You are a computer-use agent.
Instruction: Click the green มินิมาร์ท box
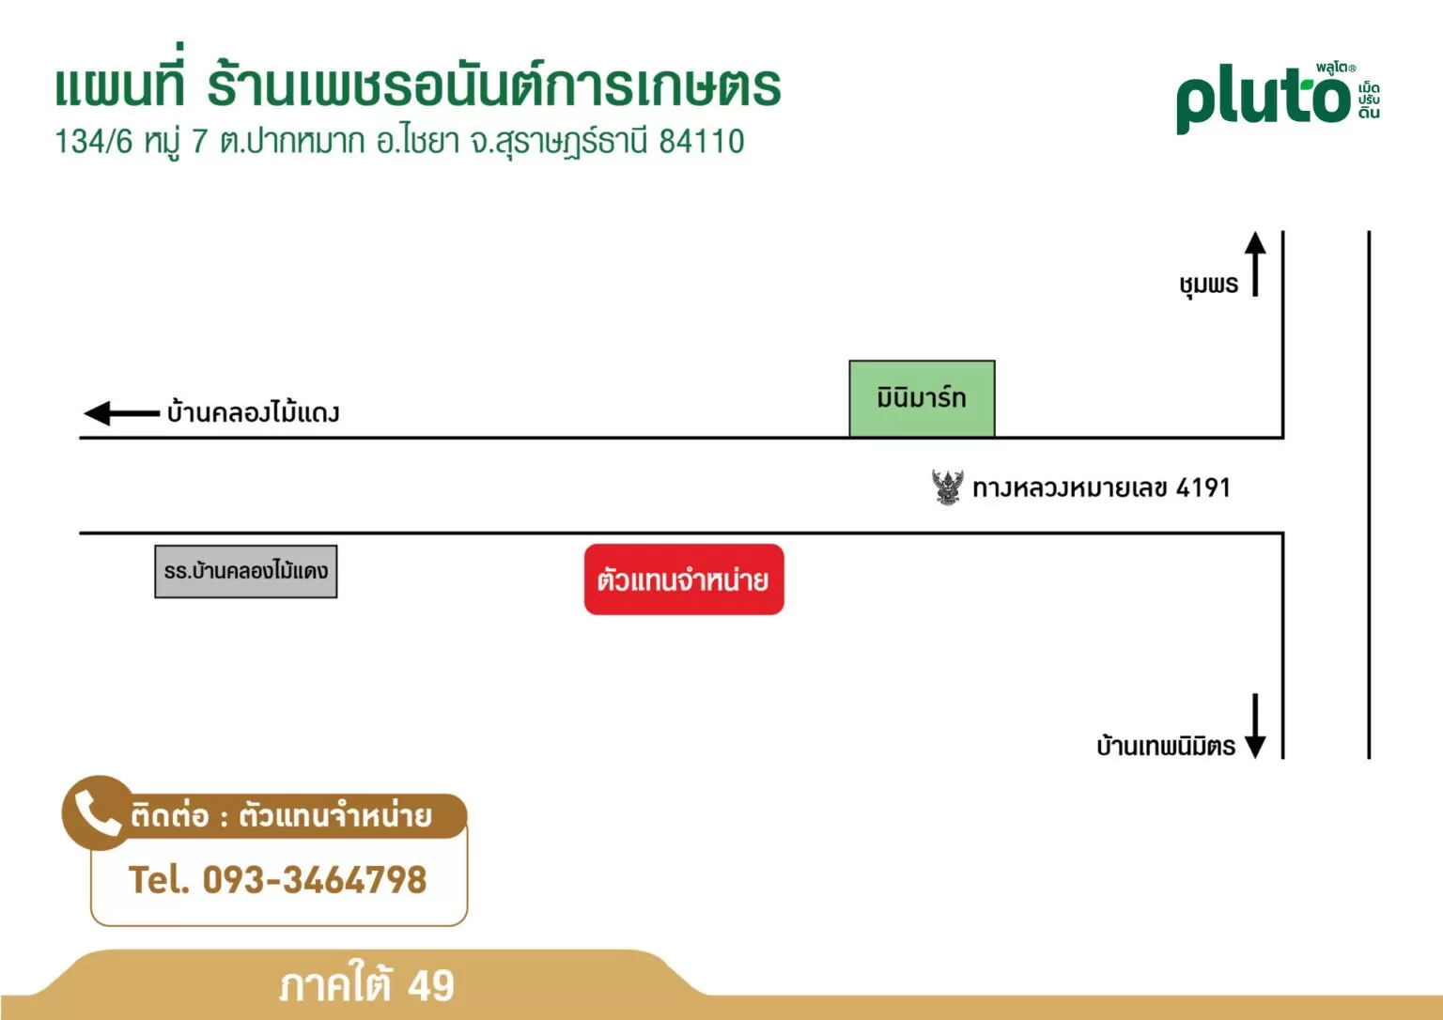(922, 398)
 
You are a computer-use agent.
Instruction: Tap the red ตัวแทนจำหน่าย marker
(684, 580)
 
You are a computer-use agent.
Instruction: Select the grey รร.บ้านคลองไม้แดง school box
(246, 572)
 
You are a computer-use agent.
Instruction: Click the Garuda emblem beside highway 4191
(948, 487)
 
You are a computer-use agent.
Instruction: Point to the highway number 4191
(1203, 487)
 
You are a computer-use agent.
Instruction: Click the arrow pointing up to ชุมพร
(1255, 263)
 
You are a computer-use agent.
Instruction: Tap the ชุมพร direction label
(1208, 285)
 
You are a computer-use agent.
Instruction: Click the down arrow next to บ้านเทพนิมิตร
(1255, 726)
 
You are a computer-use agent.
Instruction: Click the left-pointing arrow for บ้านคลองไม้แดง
(122, 413)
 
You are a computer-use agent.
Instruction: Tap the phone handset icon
(98, 813)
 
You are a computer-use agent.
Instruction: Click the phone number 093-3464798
(315, 880)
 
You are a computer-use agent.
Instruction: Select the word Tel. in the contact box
(159, 880)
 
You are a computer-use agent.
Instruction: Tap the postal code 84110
(702, 141)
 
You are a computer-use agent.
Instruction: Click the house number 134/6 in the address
(93, 141)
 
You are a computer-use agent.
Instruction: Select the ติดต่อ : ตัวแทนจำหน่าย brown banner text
(281, 816)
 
